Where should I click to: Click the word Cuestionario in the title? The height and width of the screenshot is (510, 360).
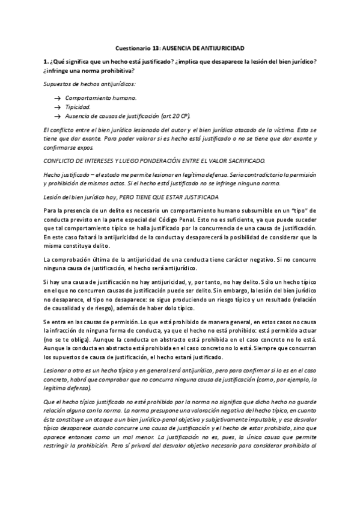pyautogui.click(x=132, y=48)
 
